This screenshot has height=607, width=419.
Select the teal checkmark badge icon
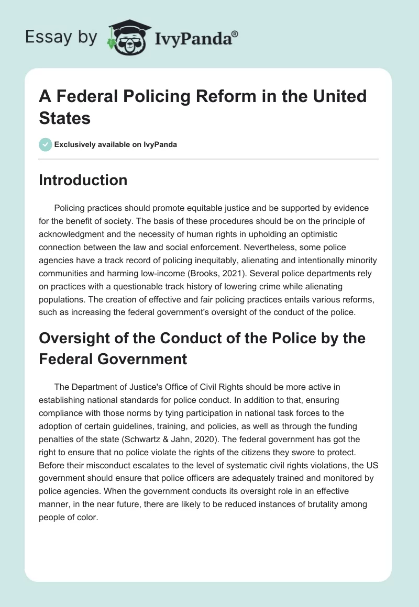point(46,144)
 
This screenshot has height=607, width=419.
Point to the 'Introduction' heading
point(83,180)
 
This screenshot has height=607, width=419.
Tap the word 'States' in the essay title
point(65,118)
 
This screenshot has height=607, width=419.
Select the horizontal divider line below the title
point(209,159)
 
